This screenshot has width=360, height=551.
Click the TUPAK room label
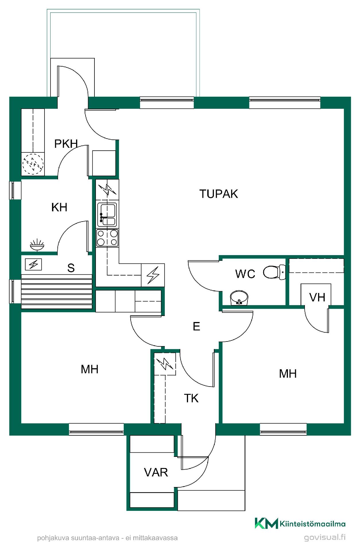coord(219,194)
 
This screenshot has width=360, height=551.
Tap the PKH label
coord(66,144)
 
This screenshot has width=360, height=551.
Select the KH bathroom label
coord(59,207)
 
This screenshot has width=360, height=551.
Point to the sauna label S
coord(71,268)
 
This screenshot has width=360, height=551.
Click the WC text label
coord(245,274)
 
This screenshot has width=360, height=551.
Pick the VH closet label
coord(317,297)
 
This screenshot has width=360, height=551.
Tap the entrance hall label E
coord(196,327)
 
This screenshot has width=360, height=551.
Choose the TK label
coord(191,398)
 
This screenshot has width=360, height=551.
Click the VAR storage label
coord(156,472)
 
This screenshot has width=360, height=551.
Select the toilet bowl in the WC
coord(274,272)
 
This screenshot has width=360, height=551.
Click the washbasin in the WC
coord(239,298)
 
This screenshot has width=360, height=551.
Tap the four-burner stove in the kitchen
coord(107,238)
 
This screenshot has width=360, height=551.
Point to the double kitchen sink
coord(107,215)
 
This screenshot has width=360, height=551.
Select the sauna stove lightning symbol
coord(34,264)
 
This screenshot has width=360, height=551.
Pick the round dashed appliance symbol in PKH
coord(33,164)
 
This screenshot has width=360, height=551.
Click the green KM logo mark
coord(266,523)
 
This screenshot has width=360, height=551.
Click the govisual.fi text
coord(325,537)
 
